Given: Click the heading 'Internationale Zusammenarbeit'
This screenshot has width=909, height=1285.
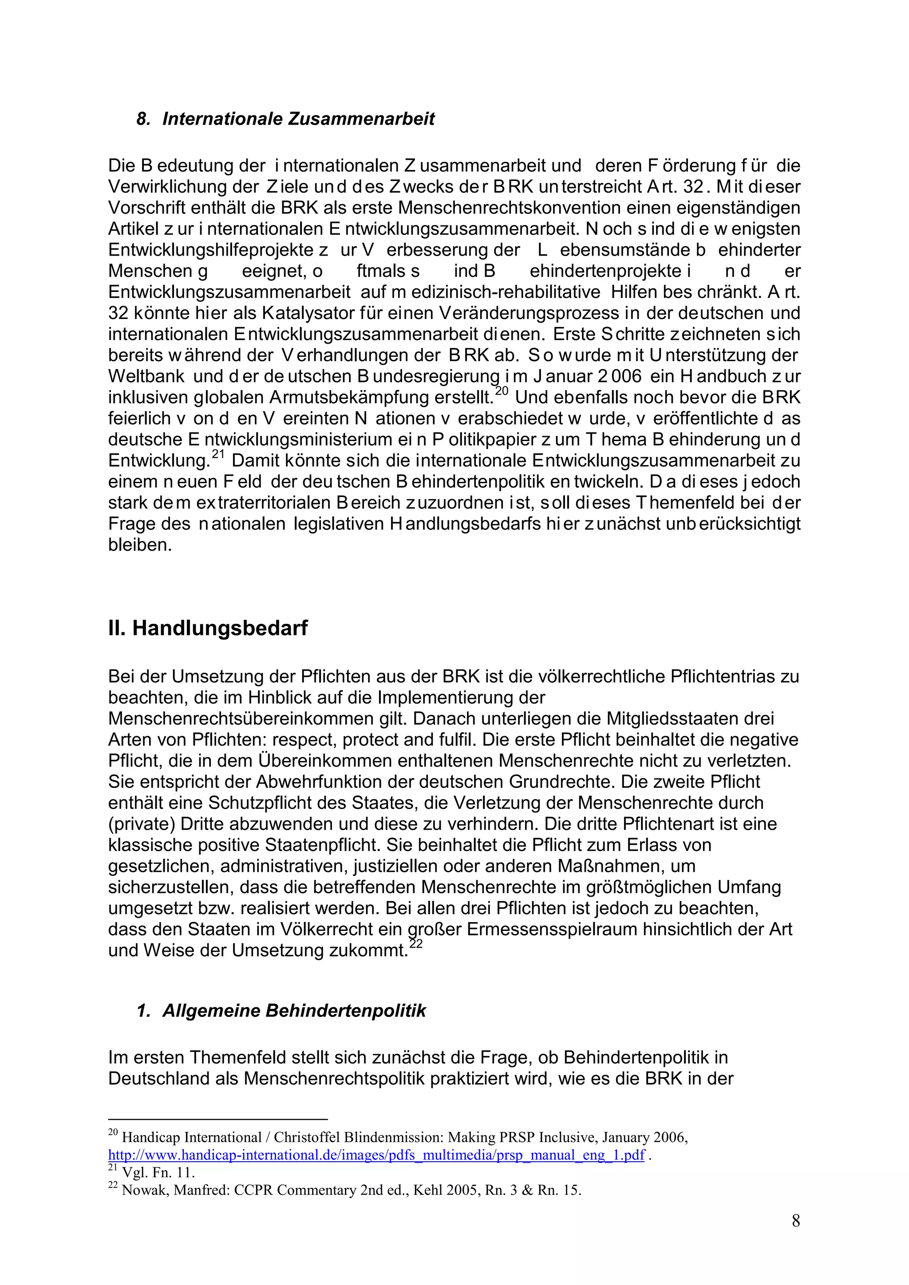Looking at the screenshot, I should pos(298,119).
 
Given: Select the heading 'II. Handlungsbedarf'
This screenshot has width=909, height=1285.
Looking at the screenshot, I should pos(208,628).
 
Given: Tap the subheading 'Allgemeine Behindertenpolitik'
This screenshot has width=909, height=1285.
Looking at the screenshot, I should pos(294,1011).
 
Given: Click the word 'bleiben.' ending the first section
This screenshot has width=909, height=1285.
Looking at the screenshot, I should pos(140,544).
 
